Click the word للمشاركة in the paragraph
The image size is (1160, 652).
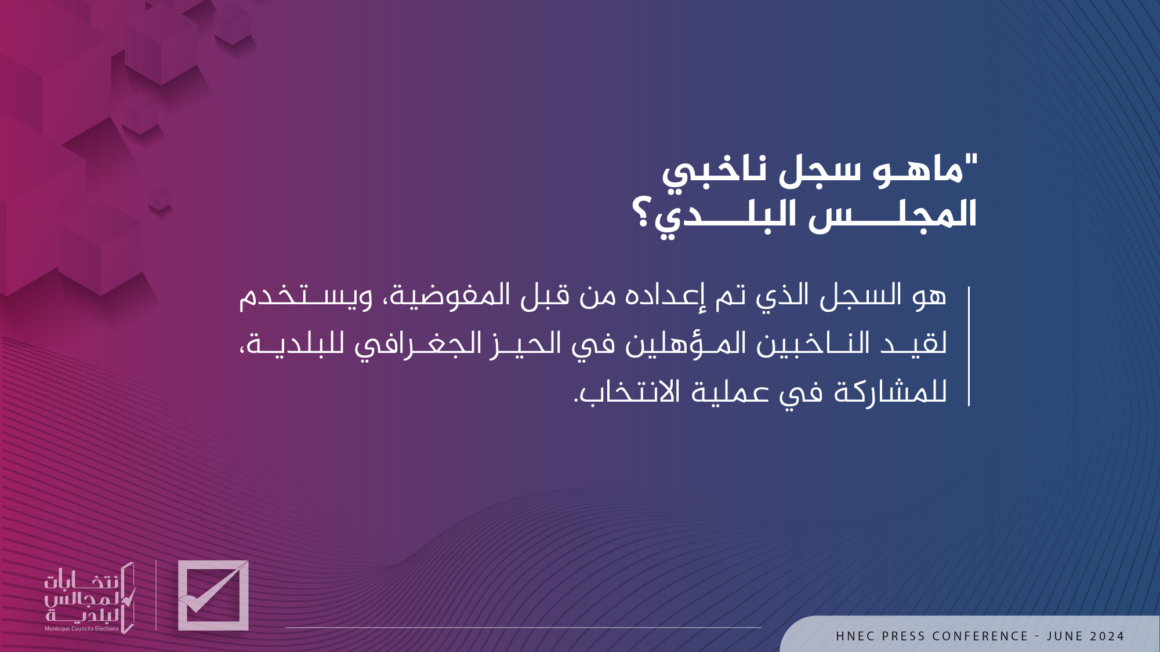click(890, 392)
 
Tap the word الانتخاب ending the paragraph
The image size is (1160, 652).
click(627, 392)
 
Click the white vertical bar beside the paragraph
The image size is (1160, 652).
click(969, 346)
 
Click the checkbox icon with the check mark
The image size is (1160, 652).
click(213, 595)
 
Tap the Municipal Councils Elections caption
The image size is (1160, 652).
click(82, 629)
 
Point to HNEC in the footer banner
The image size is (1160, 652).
click(855, 636)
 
